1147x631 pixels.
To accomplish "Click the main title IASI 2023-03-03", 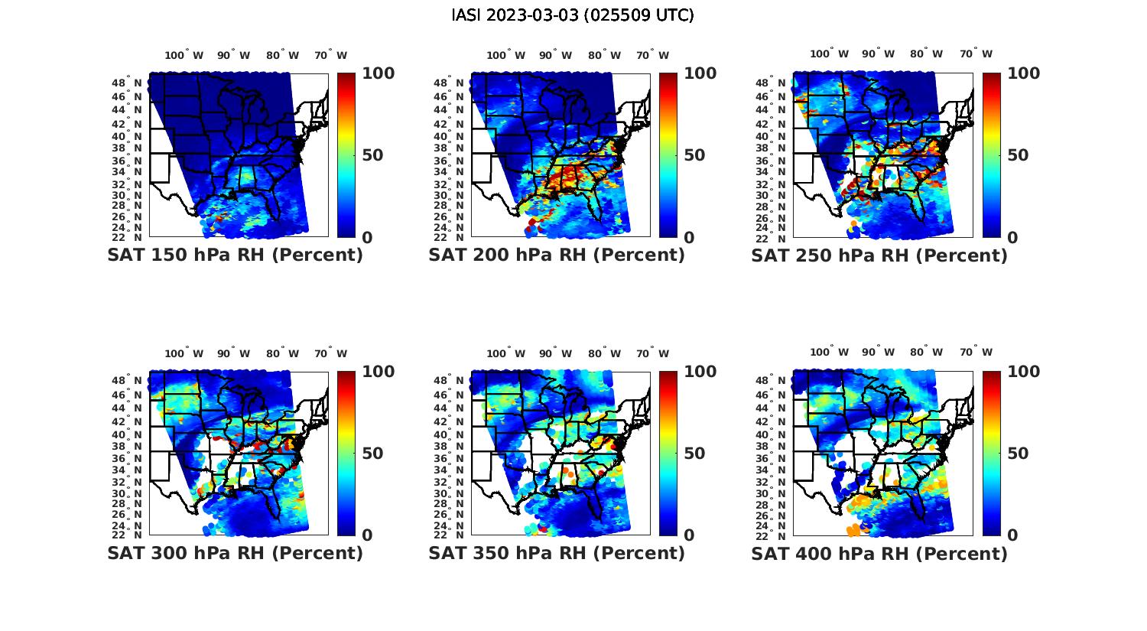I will [x=573, y=15].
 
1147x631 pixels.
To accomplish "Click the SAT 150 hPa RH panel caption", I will [x=235, y=255].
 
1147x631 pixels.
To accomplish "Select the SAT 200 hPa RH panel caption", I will [x=557, y=255].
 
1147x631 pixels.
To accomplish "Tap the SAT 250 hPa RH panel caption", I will [x=879, y=255].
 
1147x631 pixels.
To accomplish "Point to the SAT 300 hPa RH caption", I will [x=235, y=553].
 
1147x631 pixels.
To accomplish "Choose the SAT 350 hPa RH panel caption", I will [x=557, y=553].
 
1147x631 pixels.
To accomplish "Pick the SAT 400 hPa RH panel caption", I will [x=879, y=553].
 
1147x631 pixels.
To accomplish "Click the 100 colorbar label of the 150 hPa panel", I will [x=378, y=73].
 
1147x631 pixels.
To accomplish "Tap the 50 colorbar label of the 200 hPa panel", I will [x=694, y=155].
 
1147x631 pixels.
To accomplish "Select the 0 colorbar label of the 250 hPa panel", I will [x=1012, y=237].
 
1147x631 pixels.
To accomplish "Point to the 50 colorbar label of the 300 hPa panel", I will [x=372, y=454].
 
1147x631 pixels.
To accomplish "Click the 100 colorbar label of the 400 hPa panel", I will [x=1023, y=372].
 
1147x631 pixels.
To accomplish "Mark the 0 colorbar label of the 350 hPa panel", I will [x=689, y=535].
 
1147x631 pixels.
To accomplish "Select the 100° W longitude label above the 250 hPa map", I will [x=830, y=54].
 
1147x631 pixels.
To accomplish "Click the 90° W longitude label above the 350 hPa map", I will [x=555, y=353].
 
